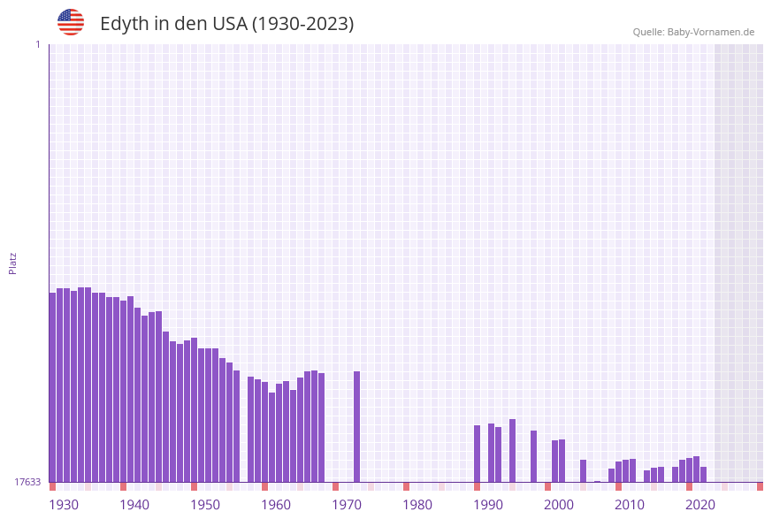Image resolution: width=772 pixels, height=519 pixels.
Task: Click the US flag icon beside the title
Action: click(71, 22)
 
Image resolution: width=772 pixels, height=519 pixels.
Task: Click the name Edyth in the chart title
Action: click(125, 24)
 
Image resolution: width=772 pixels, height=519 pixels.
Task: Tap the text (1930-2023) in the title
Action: click(302, 24)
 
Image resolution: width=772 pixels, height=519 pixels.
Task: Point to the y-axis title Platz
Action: click(13, 263)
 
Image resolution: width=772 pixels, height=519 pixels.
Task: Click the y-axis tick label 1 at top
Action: click(37, 44)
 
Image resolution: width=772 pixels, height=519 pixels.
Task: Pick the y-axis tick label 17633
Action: click(27, 482)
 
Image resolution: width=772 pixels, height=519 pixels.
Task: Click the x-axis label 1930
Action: click(64, 504)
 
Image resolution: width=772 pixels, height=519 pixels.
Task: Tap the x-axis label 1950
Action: click(205, 504)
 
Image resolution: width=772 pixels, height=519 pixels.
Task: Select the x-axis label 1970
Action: click(347, 504)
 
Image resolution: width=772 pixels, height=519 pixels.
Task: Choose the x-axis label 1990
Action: click(488, 504)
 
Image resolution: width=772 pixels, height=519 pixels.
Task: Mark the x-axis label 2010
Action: click(630, 504)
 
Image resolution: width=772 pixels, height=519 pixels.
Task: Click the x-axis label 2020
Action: click(700, 504)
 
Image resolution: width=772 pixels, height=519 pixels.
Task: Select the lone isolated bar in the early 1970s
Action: click(356, 426)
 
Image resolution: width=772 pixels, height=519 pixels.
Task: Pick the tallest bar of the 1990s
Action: click(512, 450)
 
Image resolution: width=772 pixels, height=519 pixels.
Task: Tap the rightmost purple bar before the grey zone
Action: click(703, 474)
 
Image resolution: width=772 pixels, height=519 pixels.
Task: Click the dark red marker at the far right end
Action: click(760, 486)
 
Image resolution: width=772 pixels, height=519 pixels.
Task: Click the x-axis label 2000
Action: click(559, 504)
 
